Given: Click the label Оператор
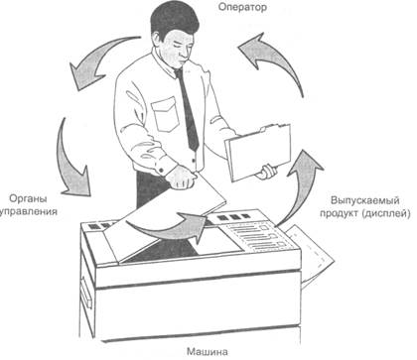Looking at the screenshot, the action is pyautogui.click(x=242, y=7).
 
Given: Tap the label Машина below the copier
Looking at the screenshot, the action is pyautogui.click(x=208, y=351).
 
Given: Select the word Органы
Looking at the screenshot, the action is pyautogui.click(x=28, y=199).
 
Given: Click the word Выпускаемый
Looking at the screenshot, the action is pyautogui.click(x=364, y=200).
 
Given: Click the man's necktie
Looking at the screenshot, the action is pyautogui.click(x=188, y=108).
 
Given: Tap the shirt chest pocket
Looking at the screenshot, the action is pyautogui.click(x=165, y=114).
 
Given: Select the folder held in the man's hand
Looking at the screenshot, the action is pyautogui.click(x=258, y=153).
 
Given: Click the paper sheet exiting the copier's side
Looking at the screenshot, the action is pyautogui.click(x=311, y=256).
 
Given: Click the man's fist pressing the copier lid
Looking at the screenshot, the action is pyautogui.click(x=182, y=178).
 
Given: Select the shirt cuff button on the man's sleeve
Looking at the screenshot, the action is pyautogui.click(x=162, y=171).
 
